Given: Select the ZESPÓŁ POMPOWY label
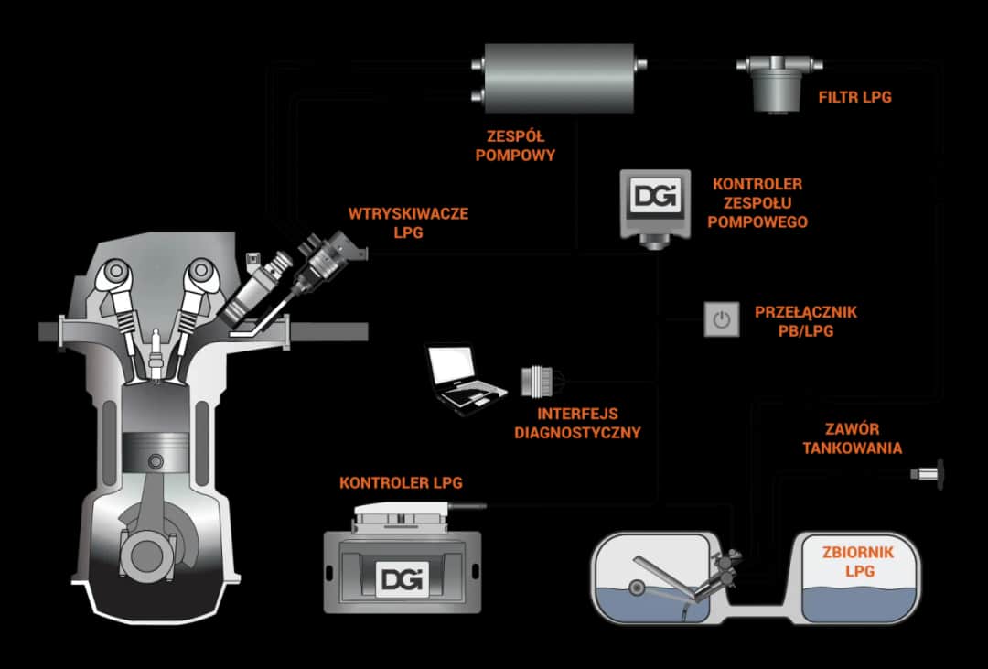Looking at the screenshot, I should pyautogui.click(x=516, y=144).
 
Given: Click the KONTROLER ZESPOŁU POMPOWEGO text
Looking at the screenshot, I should pyautogui.click(x=759, y=203).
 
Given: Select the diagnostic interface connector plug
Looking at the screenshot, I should pyautogui.click(x=533, y=382).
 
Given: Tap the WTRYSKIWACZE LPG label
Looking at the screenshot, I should pyautogui.click(x=408, y=222).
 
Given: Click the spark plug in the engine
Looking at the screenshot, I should pyautogui.click(x=156, y=353).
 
